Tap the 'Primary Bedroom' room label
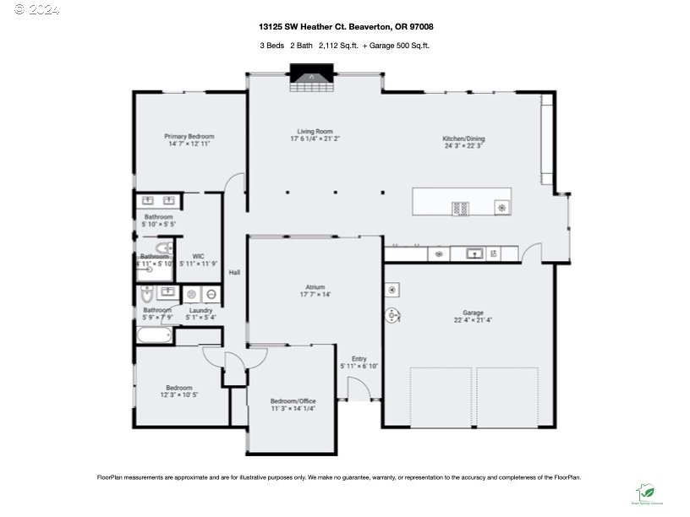(189, 136)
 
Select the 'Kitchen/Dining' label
(463, 139)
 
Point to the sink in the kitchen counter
(474, 253)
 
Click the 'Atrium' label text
(315, 287)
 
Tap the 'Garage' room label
(473, 313)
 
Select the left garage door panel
(441, 397)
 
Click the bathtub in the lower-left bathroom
(154, 335)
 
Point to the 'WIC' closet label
(198, 256)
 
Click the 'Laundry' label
(200, 310)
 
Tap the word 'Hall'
(234, 272)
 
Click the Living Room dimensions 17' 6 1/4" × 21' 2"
(315, 139)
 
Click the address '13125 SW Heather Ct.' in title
(300, 26)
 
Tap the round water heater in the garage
(393, 315)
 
